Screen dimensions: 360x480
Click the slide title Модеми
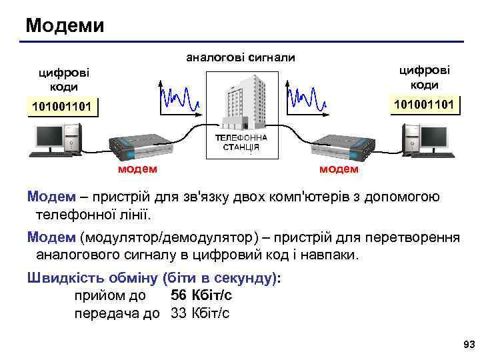(65, 26)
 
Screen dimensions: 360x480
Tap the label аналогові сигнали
(240, 57)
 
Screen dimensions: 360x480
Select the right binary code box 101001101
(425, 105)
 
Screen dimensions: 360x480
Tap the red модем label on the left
(137, 169)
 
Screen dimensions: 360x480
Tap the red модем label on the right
(339, 169)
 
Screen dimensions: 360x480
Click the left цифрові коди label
(64, 80)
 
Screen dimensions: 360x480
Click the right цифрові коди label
(425, 77)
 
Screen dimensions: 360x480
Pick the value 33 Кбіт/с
(200, 313)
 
